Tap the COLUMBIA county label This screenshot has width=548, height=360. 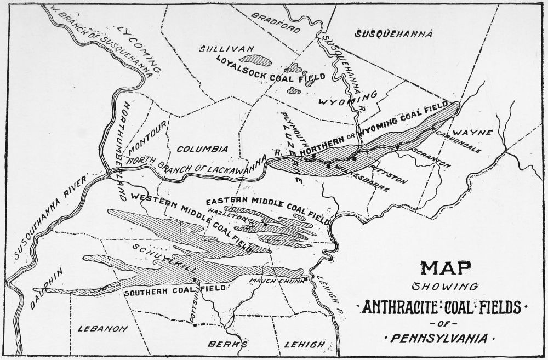(202, 148)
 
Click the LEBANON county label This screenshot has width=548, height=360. (102, 329)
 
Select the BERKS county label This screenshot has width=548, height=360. (221, 345)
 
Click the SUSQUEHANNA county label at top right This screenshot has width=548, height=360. (393, 34)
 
